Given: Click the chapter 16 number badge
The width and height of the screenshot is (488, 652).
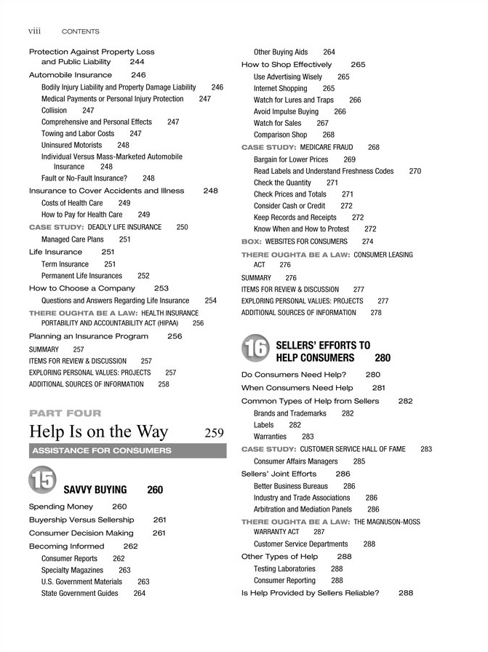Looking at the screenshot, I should [x=255, y=350].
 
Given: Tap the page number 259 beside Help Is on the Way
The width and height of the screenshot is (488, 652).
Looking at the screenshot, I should [x=214, y=433].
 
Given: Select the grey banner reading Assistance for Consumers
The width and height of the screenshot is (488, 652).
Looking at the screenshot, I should [x=127, y=451].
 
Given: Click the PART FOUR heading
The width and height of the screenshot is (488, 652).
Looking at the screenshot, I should [x=65, y=413].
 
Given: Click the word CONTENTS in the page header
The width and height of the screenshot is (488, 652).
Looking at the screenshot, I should [x=81, y=32].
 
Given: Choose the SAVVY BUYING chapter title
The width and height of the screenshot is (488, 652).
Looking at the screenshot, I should [x=95, y=490].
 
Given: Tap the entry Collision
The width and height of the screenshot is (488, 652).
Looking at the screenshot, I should [x=54, y=111].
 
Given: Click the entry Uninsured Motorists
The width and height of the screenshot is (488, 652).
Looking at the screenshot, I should [x=71, y=145].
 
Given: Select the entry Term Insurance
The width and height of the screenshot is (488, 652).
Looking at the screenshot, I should [x=65, y=264].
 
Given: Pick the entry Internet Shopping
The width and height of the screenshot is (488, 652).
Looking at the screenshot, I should [x=280, y=88].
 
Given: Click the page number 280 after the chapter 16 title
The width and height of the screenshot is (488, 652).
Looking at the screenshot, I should [x=383, y=358].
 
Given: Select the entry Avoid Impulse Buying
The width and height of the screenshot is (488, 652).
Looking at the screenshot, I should [x=286, y=112].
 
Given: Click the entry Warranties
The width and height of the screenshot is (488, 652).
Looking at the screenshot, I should [x=270, y=437].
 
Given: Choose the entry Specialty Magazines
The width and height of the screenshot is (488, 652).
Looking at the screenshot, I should [x=72, y=570].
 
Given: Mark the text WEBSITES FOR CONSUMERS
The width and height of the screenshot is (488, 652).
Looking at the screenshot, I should [x=306, y=242].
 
